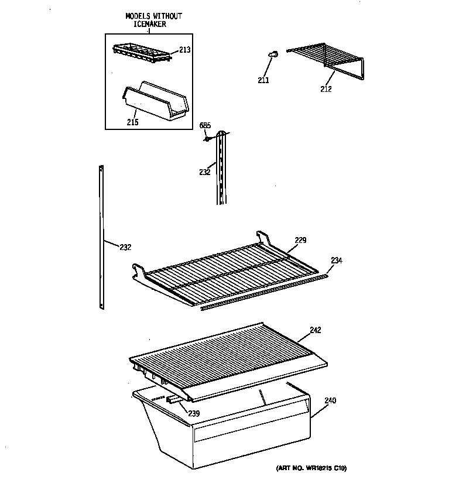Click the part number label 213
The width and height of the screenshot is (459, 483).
tap(185, 50)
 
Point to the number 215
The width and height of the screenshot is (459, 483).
tap(132, 122)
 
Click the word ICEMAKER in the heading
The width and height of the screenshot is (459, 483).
tap(146, 24)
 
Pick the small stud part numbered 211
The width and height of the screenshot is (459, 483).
tap(272, 54)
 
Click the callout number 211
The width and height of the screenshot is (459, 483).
tap(263, 80)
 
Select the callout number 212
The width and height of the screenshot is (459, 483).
tap(326, 89)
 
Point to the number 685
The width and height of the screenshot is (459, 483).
tap(205, 125)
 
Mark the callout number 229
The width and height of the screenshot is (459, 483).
tap(300, 240)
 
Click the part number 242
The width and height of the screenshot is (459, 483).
tap(316, 330)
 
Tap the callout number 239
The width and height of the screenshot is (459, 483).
tap(193, 413)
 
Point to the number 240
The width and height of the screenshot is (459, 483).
tap(330, 400)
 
